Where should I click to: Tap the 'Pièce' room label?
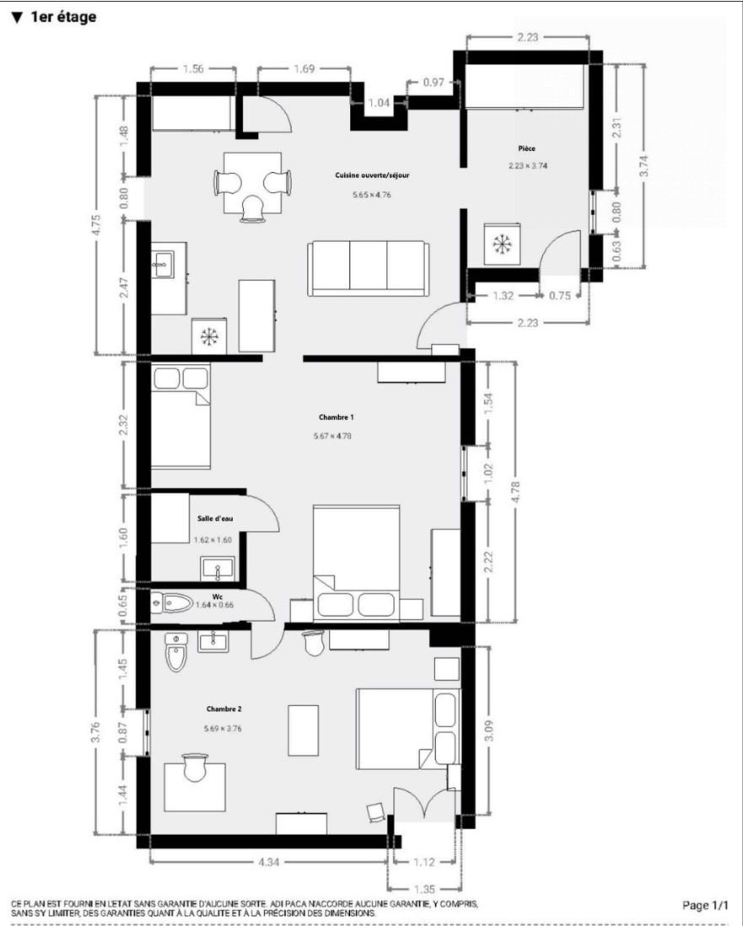point(527,148)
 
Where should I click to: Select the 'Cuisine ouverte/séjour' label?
point(372,175)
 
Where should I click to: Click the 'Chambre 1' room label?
point(336,417)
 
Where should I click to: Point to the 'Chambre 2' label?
point(223,709)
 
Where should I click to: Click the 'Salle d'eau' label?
point(215,519)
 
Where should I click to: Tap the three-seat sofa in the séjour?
point(368,268)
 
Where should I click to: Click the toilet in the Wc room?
point(172,603)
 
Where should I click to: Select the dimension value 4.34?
point(268,862)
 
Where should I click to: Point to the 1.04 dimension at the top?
point(379,103)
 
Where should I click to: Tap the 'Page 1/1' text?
point(705,905)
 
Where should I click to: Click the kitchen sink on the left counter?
point(162,264)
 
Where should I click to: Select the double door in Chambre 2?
point(424,803)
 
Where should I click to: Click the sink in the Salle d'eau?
point(218,569)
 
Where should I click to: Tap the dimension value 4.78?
point(515,492)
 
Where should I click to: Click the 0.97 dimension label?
point(433,82)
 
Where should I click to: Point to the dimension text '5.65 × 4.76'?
point(372,194)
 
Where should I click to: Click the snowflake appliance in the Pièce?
point(503,244)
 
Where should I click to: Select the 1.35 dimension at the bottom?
point(424,890)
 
